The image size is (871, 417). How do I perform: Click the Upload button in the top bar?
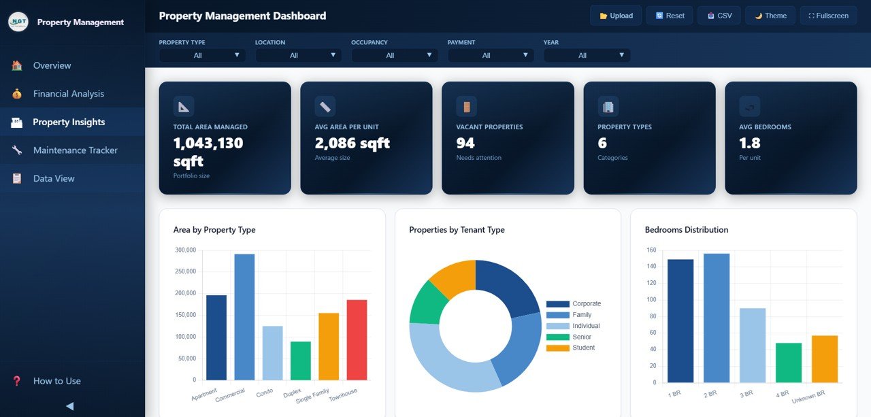point(615,16)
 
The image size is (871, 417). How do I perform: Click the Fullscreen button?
point(828,16)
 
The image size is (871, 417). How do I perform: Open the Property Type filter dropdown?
point(202,55)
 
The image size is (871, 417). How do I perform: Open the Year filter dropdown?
point(587,55)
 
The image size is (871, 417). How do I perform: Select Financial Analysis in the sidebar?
point(68,94)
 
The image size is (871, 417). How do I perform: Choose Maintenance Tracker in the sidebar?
point(75,150)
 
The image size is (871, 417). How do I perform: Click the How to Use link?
point(56,381)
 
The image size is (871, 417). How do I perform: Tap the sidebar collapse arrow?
point(69,406)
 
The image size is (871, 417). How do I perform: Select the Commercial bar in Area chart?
point(244,317)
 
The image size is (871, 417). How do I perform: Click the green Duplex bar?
point(301,361)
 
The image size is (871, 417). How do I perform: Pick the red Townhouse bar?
point(357,340)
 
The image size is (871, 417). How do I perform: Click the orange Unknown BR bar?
point(824,358)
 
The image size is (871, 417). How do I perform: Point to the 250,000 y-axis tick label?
point(185,271)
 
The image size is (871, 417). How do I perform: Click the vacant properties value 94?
point(465,143)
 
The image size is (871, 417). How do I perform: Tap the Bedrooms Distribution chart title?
point(686,230)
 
